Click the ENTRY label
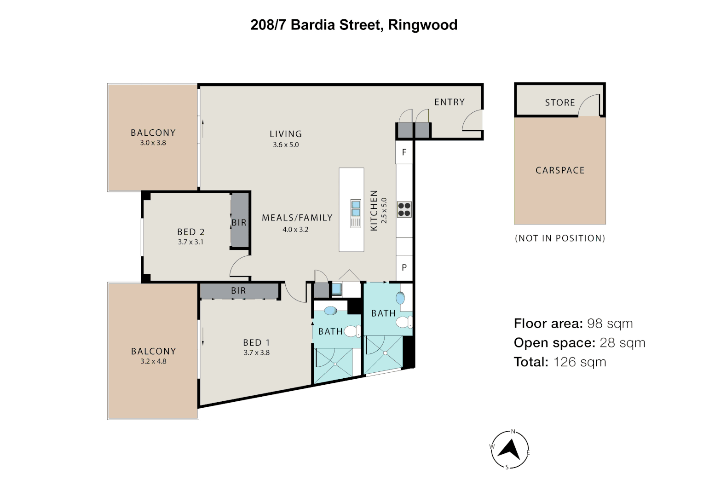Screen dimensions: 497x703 pyautogui.click(x=449, y=102)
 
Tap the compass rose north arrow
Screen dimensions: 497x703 pyautogui.click(x=510, y=450)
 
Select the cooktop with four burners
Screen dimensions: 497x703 pyautogui.click(x=404, y=209)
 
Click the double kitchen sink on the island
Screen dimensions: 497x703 pyautogui.click(x=356, y=208)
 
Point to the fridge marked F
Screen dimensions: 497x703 pyautogui.click(x=404, y=152)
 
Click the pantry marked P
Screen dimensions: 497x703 pyautogui.click(x=404, y=267)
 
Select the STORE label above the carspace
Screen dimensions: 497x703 pyautogui.click(x=559, y=103)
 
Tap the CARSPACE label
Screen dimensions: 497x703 pyautogui.click(x=559, y=170)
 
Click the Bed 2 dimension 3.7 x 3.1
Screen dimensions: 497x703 pyautogui.click(x=190, y=242)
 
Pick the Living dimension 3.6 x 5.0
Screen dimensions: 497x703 pyautogui.click(x=285, y=144)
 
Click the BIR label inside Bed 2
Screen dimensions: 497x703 pyautogui.click(x=239, y=223)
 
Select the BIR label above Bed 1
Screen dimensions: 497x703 pyautogui.click(x=238, y=291)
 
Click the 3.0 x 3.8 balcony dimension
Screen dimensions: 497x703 pyautogui.click(x=153, y=143)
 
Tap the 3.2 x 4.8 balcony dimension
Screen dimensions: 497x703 pyautogui.click(x=153, y=362)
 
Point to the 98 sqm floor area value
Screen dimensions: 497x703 pyautogui.click(x=610, y=324)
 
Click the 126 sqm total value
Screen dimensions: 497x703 pyautogui.click(x=579, y=362)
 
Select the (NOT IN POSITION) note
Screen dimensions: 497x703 pyautogui.click(x=559, y=238)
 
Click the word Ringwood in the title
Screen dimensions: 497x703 pyautogui.click(x=422, y=25)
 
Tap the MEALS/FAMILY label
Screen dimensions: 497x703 pyautogui.click(x=297, y=218)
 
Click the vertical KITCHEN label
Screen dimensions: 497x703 pyautogui.click(x=374, y=210)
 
